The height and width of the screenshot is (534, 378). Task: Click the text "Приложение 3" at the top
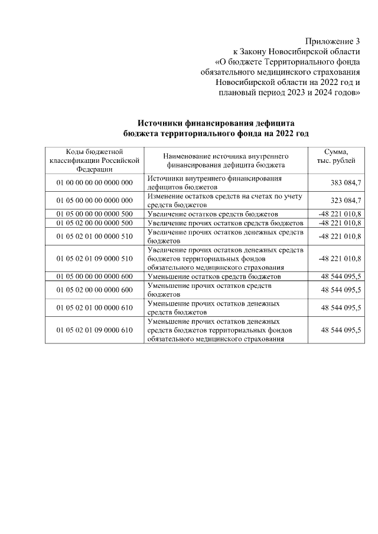(x=332, y=41)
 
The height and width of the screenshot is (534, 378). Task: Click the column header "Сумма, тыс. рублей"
(x=337, y=157)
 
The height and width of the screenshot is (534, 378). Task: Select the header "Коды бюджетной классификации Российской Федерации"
(x=94, y=160)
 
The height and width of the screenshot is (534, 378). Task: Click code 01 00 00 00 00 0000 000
(x=94, y=182)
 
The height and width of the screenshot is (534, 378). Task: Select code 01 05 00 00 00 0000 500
(x=94, y=214)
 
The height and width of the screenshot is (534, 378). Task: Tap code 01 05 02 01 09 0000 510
(x=94, y=258)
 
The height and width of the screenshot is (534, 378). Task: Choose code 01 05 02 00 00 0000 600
(x=94, y=290)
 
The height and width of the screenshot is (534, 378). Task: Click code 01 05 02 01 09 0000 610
(x=94, y=330)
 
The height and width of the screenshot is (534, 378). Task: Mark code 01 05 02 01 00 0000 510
(x=94, y=236)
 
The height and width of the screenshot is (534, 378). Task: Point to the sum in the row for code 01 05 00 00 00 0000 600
(x=341, y=276)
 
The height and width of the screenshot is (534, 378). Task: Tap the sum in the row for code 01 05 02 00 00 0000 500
(x=340, y=223)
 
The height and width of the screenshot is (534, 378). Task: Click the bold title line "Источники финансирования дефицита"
(x=216, y=123)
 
